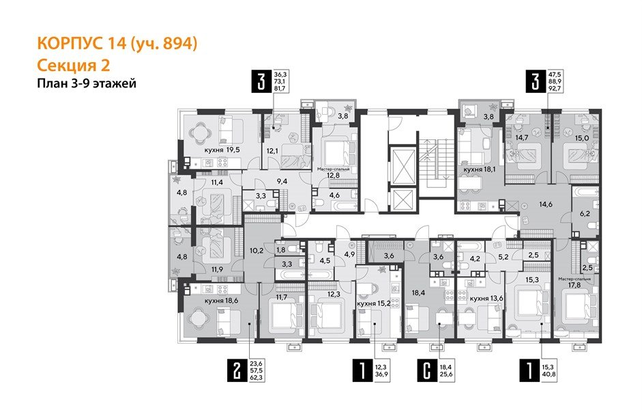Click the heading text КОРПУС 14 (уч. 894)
pyautogui.click(x=117, y=44)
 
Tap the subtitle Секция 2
pyautogui.click(x=73, y=66)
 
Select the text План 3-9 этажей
pyautogui.click(x=86, y=84)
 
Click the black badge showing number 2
pyautogui.click(x=236, y=372)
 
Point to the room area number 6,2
pyautogui.click(x=584, y=214)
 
